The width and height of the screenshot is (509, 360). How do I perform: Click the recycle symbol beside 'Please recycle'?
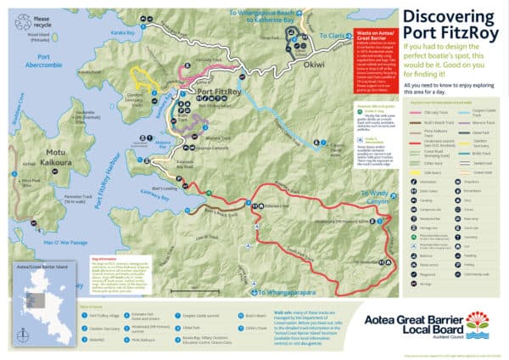click(x=17, y=16)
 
